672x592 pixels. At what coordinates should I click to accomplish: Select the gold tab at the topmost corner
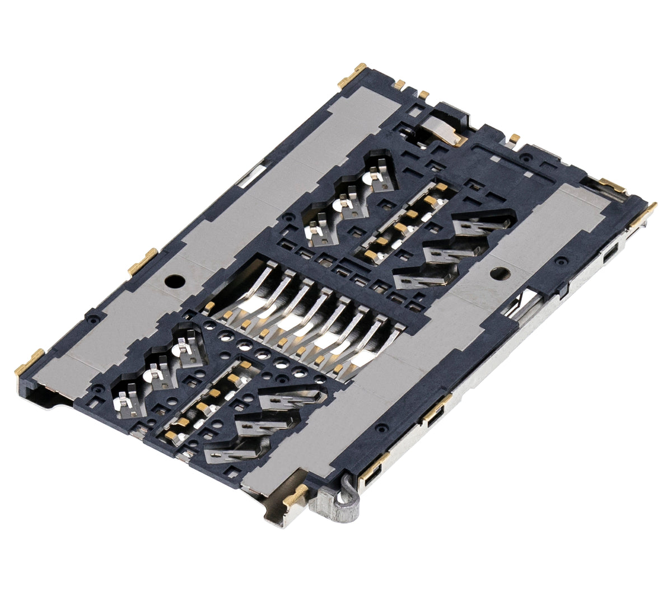click(352, 77)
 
